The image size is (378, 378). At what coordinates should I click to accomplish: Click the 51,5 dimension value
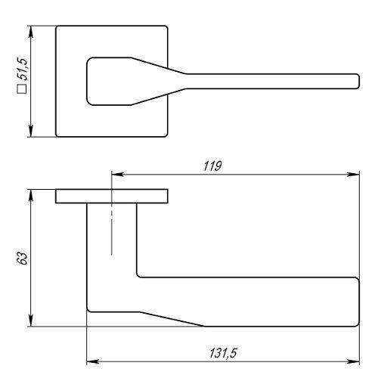coord(22,69)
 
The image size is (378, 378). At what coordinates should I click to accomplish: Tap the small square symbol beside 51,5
coord(22,89)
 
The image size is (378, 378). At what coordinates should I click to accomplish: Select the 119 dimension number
coord(212,166)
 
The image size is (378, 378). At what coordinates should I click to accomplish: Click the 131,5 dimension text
coord(223,353)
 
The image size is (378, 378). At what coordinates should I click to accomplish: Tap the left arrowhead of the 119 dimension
coord(117,174)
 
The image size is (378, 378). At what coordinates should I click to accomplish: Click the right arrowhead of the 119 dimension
coord(353,174)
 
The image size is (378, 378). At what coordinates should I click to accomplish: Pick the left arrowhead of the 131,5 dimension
coord(92,361)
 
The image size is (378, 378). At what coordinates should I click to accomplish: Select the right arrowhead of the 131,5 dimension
coord(353,361)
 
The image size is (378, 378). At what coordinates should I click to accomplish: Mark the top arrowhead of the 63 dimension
coord(31,195)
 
